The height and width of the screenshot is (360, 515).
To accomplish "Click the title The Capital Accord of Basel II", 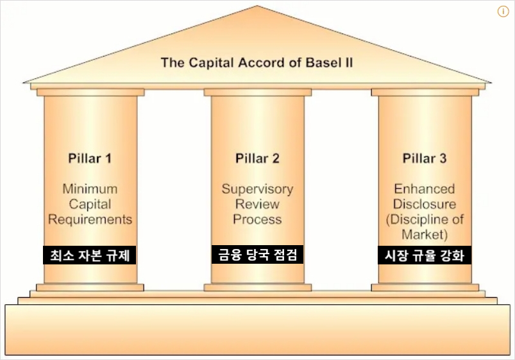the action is point(257,63).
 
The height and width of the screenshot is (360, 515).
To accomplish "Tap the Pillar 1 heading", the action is point(90,159).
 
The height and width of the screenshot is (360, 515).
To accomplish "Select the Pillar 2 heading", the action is point(257,159).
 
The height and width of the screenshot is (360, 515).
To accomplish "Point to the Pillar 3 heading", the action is point(425,159).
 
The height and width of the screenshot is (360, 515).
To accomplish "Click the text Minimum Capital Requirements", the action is point(90,204).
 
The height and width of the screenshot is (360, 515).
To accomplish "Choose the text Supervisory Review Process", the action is point(257,204).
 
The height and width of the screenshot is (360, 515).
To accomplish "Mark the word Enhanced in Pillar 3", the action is point(425,189).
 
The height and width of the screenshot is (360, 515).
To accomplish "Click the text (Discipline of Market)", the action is point(425,227).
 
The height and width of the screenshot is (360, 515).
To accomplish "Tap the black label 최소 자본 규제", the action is point(90,255).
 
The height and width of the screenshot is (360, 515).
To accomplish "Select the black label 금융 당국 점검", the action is point(257,255).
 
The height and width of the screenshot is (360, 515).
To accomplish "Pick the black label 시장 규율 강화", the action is point(425,255).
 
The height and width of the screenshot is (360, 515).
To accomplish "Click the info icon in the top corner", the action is point(503,12).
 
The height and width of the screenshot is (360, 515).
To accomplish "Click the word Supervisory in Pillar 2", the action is point(257,189).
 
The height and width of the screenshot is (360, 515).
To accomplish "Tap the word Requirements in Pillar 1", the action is point(90,219).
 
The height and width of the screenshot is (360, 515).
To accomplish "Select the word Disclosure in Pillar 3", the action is point(425,204).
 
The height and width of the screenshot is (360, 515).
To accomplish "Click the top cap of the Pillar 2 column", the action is point(257,92).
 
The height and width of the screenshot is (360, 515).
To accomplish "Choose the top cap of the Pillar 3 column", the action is point(425,92).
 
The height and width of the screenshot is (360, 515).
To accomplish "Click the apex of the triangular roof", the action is point(258,8).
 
